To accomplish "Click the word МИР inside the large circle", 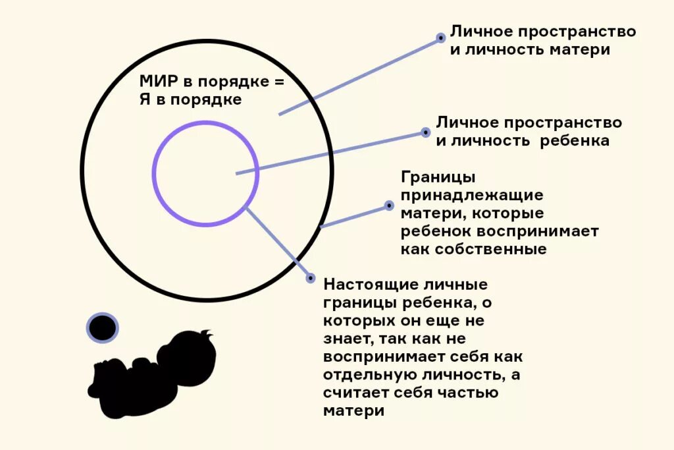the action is pos(157,82).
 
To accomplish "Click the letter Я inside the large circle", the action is pos(145,100).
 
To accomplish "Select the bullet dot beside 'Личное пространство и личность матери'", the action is pos(441,38).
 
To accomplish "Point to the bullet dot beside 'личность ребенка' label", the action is pos(425,132).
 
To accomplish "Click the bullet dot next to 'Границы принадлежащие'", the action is pos(388,206).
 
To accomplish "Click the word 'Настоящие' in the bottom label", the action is pos(365,285).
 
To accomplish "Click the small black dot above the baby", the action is pos(102,327).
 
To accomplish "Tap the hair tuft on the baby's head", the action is pos(207,335).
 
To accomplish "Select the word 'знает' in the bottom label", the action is pos(346,339).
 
